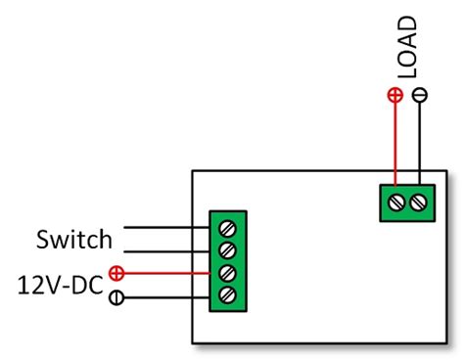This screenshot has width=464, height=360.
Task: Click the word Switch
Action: [x=74, y=239]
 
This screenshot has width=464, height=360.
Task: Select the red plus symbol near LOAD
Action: [x=394, y=96]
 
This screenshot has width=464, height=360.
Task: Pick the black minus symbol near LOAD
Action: [x=420, y=96]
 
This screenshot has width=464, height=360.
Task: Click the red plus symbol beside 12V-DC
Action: [x=116, y=274]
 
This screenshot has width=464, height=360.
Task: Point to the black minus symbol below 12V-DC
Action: [x=116, y=298]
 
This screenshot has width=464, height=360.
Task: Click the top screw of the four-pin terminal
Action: [x=228, y=228]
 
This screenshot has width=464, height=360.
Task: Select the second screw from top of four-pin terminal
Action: [x=228, y=250]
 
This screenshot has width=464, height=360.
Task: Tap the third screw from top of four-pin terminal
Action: [x=228, y=273]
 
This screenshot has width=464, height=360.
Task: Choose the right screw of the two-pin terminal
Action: [x=419, y=202]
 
